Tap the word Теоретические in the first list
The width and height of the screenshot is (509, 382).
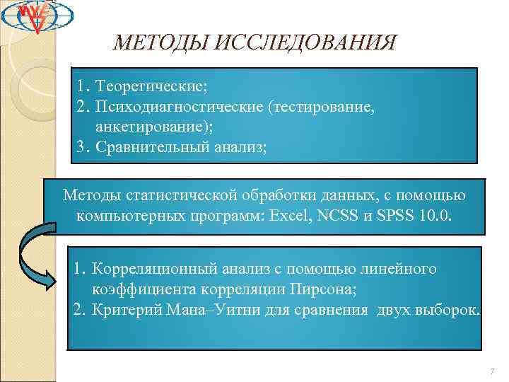pos(151,87)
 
